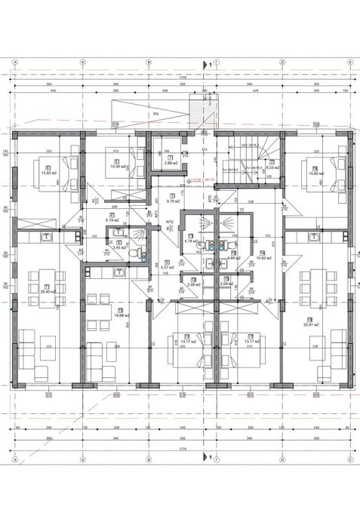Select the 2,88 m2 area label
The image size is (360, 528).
pos(170,162)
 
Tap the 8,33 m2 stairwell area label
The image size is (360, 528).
pos(272,167)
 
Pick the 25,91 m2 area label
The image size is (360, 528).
pos(310,303)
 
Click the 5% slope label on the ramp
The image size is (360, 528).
pos(155,114)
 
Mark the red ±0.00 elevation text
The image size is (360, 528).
pos(204,180)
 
